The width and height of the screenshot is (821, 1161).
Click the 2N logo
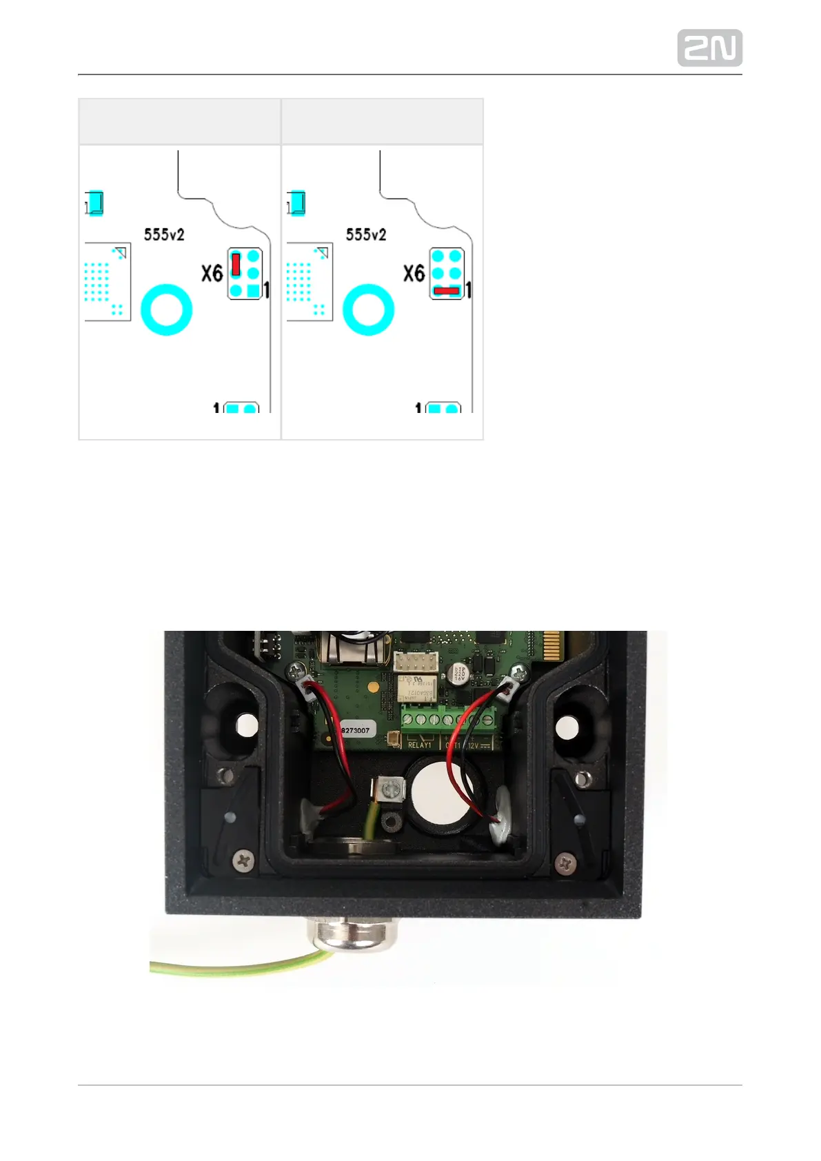point(709,48)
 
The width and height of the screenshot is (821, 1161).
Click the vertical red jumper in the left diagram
point(236,265)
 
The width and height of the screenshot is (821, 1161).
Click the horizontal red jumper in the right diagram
point(447,290)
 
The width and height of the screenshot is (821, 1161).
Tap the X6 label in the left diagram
point(212,274)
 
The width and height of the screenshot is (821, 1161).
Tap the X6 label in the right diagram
point(414,274)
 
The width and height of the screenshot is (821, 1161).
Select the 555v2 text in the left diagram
point(164,235)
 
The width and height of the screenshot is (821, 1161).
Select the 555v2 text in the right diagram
point(366,235)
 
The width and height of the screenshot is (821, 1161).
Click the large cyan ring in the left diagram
point(166,310)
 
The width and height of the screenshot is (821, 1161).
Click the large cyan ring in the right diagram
point(368,310)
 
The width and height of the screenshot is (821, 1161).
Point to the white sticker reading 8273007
point(356,729)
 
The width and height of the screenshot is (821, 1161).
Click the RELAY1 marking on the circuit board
point(419,745)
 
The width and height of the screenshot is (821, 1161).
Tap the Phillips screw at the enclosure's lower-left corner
point(245,860)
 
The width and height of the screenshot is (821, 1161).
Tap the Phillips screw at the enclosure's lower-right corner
point(565,861)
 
